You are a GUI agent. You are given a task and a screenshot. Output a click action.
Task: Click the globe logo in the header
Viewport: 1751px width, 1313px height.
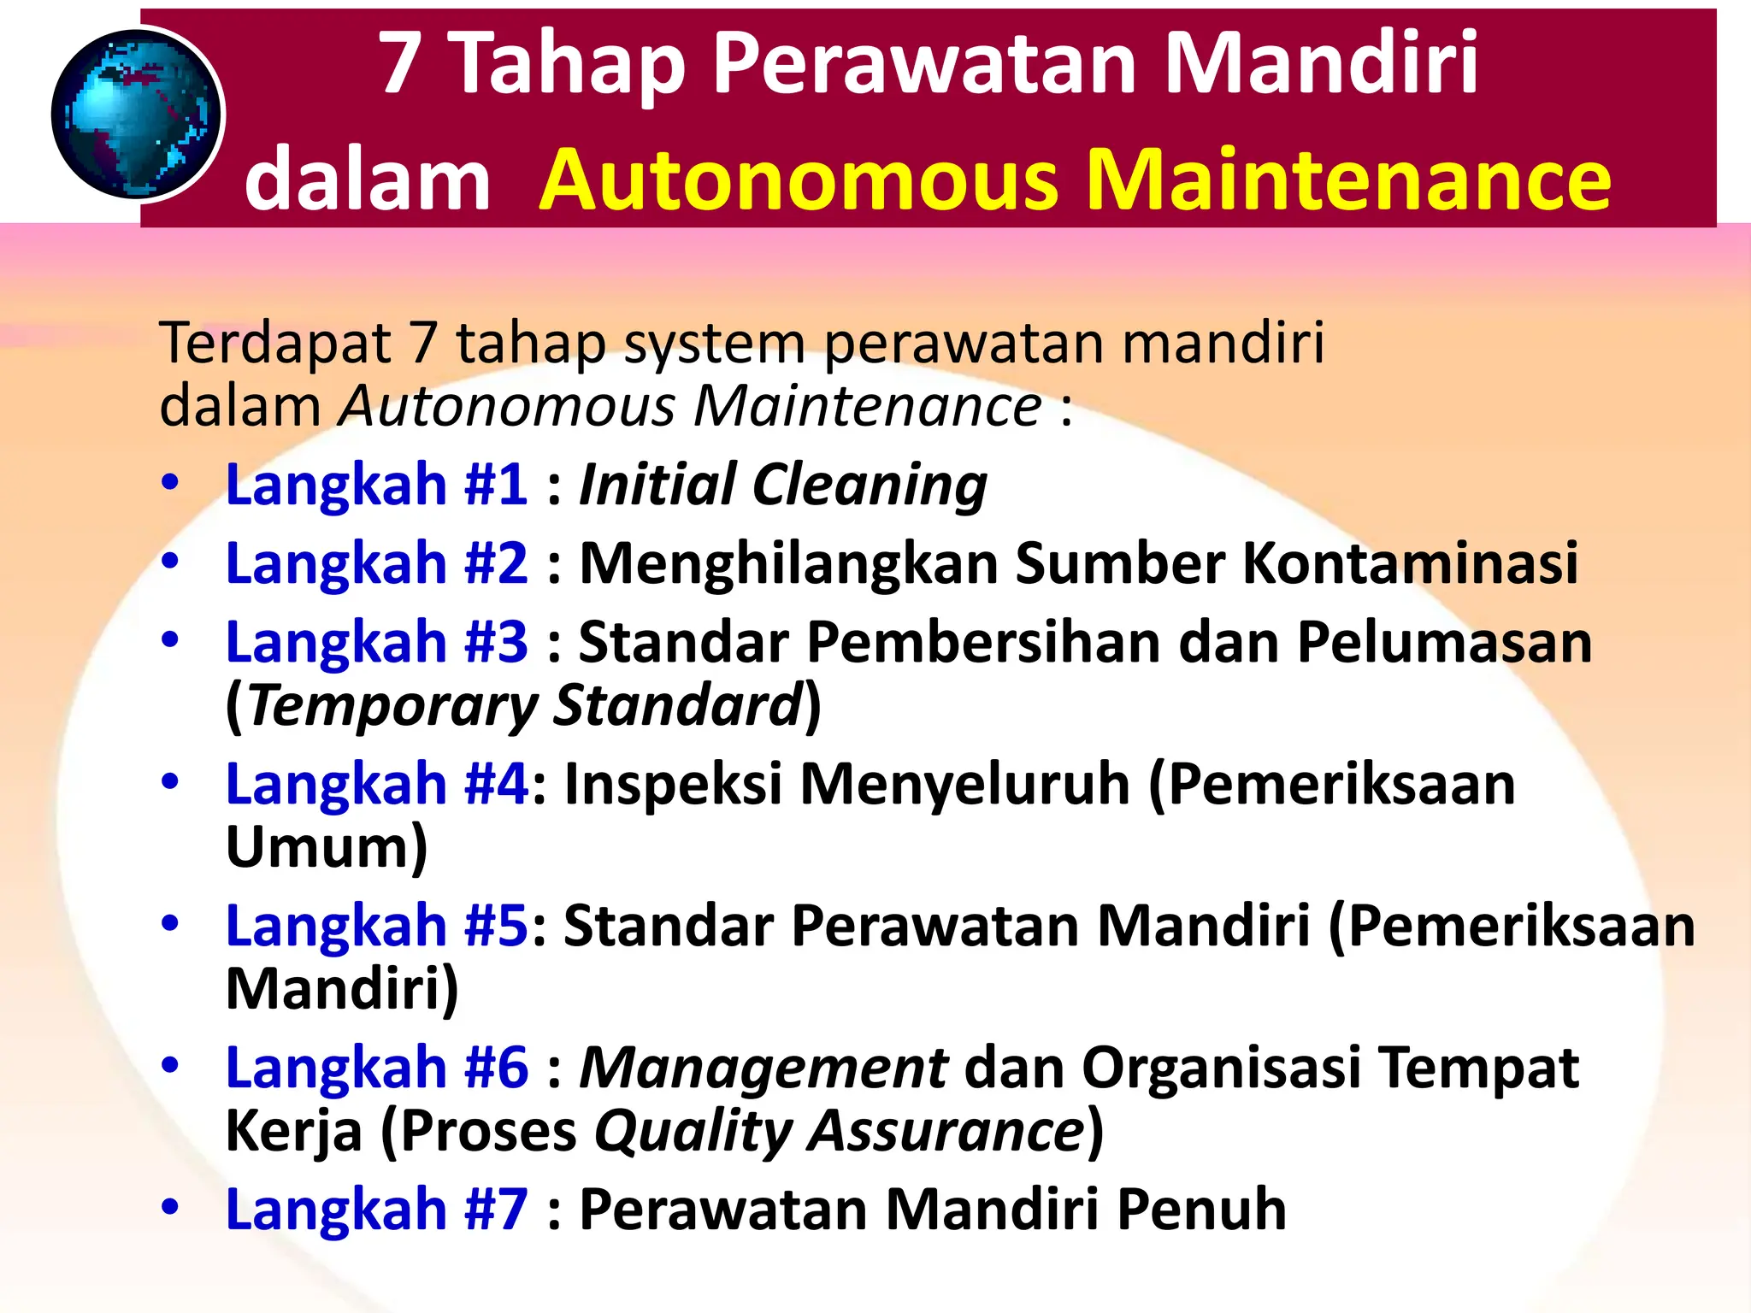pyautogui.click(x=137, y=114)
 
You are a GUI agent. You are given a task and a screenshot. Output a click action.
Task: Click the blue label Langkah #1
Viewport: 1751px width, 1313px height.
pyautogui.click(x=376, y=485)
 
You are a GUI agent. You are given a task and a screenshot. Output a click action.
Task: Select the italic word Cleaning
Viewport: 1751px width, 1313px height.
pyautogui.click(x=870, y=485)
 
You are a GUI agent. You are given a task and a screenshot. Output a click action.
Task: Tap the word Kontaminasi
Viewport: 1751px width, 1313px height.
pyautogui.click(x=1410, y=563)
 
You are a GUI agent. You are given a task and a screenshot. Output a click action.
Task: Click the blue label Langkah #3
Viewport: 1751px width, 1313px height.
pyautogui.click(x=376, y=642)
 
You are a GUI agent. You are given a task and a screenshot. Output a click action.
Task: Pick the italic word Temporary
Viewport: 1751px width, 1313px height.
pyautogui.click(x=392, y=706)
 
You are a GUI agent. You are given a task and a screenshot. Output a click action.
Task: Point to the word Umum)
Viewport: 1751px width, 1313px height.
pyautogui.click(x=326, y=847)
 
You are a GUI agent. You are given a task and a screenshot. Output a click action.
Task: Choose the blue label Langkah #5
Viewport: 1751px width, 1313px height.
pyautogui.click(x=376, y=926)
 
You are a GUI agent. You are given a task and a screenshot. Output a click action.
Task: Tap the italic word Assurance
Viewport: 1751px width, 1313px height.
pyautogui.click(x=947, y=1131)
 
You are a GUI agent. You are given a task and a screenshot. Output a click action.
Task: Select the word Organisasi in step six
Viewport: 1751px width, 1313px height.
pyautogui.click(x=1221, y=1068)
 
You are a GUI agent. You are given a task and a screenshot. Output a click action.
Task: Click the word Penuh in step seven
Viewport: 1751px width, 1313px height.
pyautogui.click(x=1201, y=1210)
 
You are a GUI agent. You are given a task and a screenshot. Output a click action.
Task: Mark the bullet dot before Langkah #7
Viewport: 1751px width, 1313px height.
pyautogui.click(x=170, y=1207)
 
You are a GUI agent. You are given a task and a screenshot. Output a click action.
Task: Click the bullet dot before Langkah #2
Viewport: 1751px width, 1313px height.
pyautogui.click(x=170, y=561)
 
